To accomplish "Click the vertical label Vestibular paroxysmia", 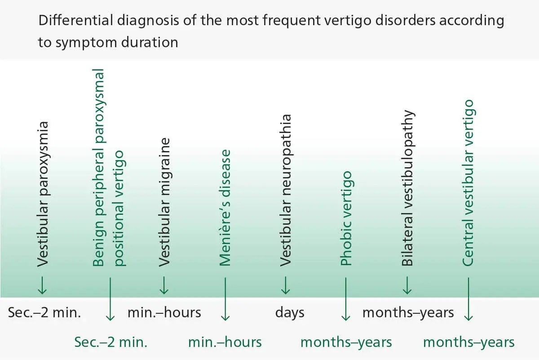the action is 43,194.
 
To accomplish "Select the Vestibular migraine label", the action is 164,202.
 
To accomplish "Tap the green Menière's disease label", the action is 225,208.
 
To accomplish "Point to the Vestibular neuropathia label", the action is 286,190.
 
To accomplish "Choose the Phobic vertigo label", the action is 346,218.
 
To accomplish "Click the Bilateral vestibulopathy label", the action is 408,188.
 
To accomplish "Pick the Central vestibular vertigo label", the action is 468,183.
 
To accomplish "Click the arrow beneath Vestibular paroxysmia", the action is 42,285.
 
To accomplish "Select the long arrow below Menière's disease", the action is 225,299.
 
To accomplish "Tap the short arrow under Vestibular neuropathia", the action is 286,285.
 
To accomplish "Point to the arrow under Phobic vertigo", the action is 346,299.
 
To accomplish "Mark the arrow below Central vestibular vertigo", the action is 468,299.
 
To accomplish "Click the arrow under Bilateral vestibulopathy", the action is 407,285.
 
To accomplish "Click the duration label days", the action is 290,312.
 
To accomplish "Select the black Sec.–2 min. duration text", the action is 44,312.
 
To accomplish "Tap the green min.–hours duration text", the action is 225,342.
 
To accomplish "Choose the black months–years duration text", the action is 408,312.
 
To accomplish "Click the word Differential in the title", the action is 76,20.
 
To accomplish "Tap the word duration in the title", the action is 150,42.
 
